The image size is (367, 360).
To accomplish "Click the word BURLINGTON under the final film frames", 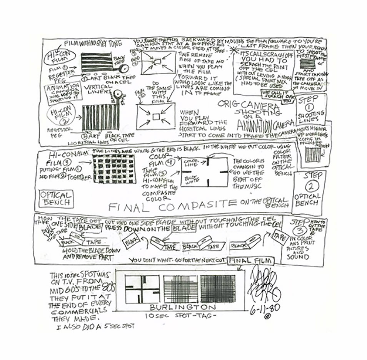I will tap(183, 307).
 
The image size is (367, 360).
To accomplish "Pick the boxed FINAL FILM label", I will tap(250, 261).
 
